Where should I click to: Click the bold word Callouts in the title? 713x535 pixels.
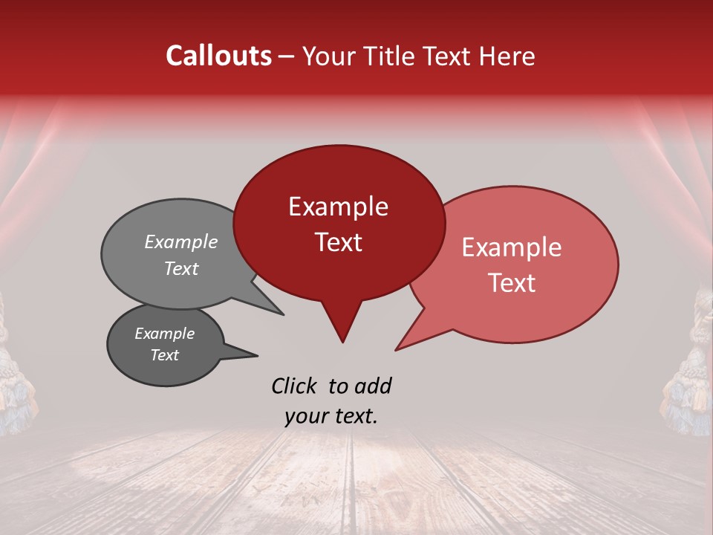click(x=218, y=56)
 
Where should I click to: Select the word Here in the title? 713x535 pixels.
click(x=507, y=56)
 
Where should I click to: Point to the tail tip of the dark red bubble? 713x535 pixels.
click(x=342, y=342)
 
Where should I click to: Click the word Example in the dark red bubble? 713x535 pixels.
click(x=338, y=207)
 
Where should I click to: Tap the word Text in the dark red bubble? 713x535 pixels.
click(x=338, y=242)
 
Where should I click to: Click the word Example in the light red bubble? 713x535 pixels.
click(x=512, y=247)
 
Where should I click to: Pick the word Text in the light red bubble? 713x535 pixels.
click(x=512, y=283)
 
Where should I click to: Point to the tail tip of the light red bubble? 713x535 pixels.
click(x=396, y=349)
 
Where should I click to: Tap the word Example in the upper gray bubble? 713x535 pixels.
click(x=181, y=242)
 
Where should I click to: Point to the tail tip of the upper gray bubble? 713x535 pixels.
click(x=283, y=314)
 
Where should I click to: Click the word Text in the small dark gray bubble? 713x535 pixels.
click(x=165, y=355)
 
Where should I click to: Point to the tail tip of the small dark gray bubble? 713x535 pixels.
click(x=258, y=355)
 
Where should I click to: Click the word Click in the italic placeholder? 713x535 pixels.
click(x=296, y=386)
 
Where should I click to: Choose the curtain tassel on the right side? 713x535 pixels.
click(x=691, y=372)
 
